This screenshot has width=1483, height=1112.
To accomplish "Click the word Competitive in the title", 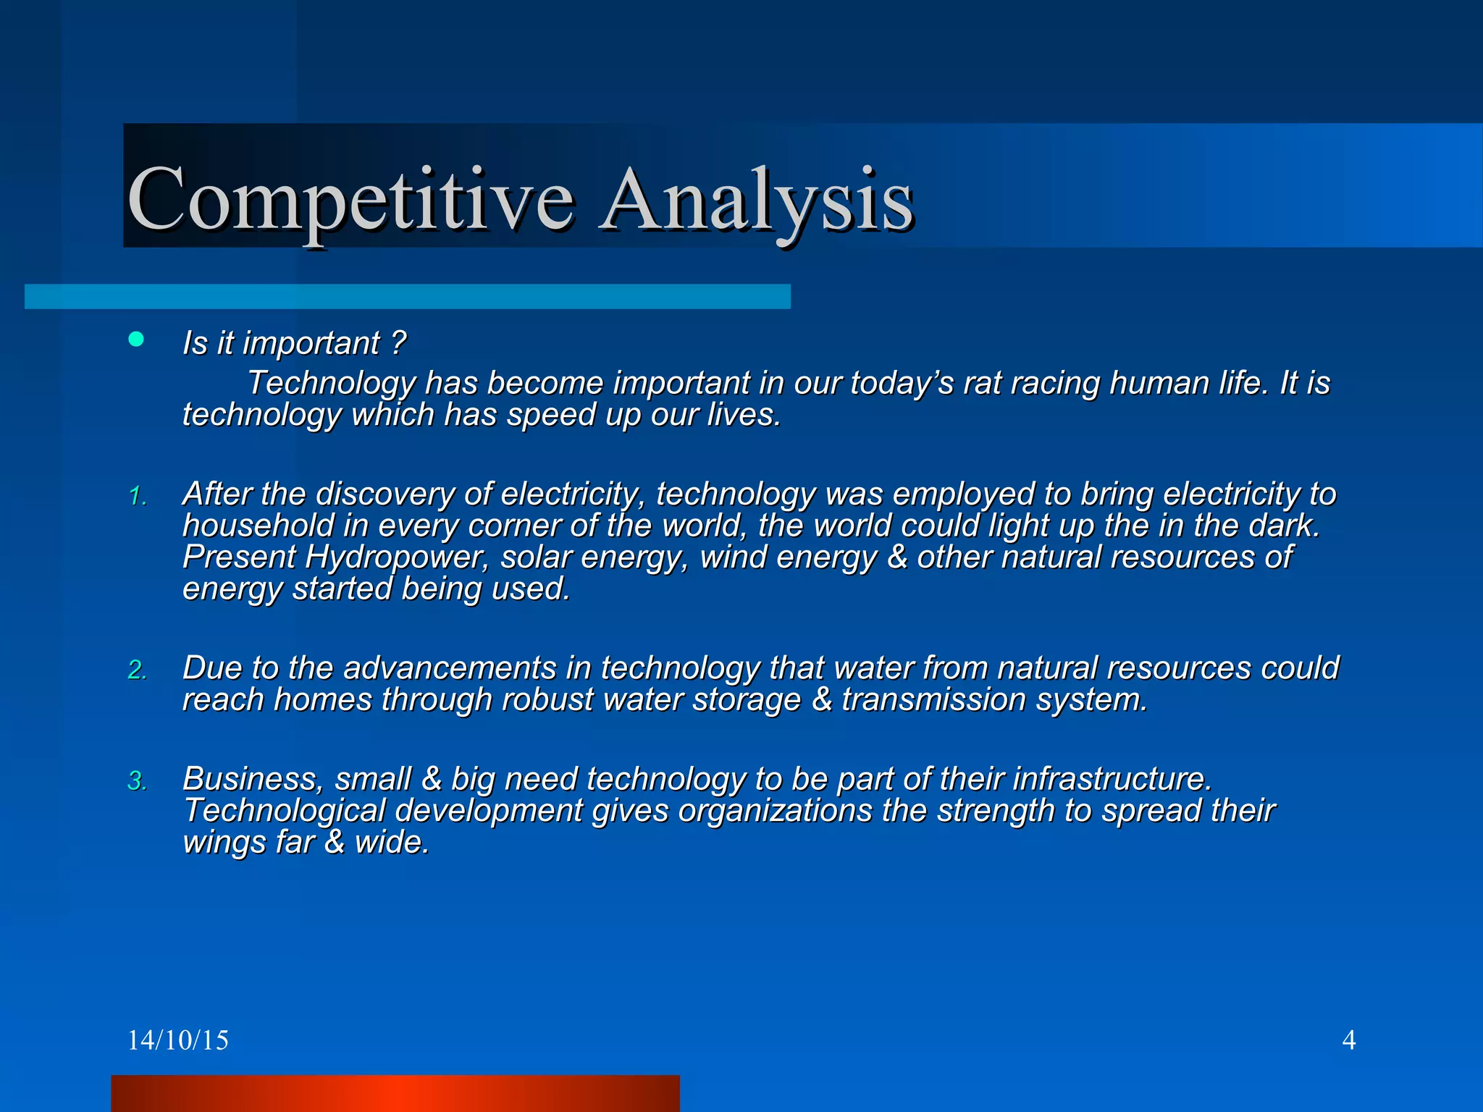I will (350, 199).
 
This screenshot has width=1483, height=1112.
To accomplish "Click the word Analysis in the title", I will (757, 199).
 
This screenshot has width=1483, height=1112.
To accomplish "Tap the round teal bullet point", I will (136, 339).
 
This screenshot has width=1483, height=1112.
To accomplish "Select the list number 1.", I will (138, 497).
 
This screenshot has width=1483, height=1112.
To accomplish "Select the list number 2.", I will (138, 670).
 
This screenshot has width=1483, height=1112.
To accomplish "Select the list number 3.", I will (138, 781).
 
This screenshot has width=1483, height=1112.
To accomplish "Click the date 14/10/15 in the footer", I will (177, 1040).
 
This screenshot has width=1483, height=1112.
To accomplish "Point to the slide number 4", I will (1348, 1040).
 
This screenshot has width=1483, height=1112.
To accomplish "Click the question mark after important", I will (398, 342).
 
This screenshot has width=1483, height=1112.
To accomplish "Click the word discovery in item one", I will (385, 494).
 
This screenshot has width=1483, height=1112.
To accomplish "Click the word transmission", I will (933, 700).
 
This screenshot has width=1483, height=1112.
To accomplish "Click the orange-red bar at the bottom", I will (395, 1093).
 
